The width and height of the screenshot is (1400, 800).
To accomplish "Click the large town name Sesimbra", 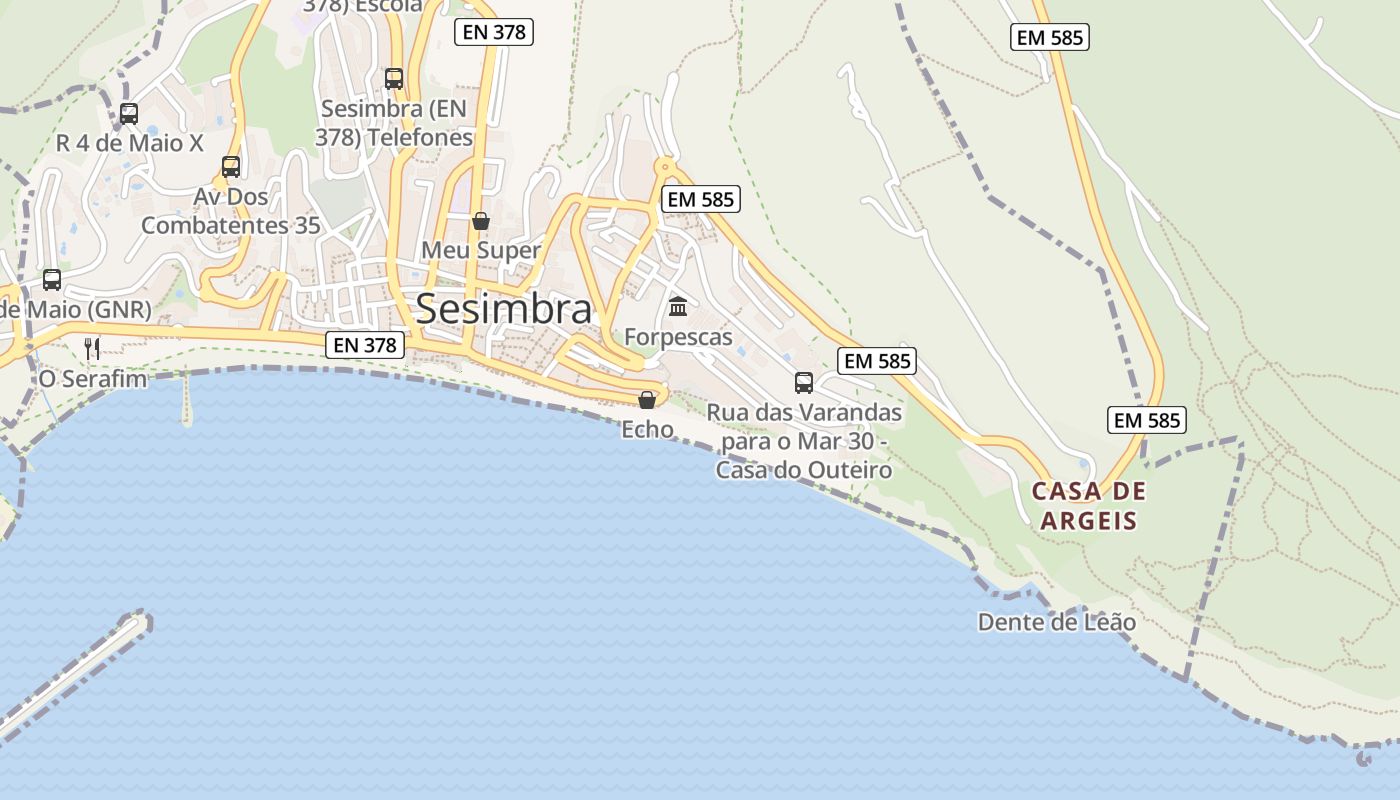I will point(503,309).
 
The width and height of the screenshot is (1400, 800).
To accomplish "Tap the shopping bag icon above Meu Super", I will point(481,221).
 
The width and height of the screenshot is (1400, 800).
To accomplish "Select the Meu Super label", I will point(481,250).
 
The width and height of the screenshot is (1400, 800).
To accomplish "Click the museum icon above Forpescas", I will point(678,306).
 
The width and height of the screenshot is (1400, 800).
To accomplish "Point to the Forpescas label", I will point(678,337).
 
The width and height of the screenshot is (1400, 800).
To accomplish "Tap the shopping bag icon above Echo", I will point(647,400).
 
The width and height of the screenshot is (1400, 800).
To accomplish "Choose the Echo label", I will point(647,429).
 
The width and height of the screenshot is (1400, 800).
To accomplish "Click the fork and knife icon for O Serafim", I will point(92,348).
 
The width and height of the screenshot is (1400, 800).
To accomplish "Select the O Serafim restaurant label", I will point(92,379).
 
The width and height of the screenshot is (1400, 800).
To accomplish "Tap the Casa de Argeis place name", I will point(1089,505).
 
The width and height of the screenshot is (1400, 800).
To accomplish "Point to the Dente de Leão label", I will point(1056,622).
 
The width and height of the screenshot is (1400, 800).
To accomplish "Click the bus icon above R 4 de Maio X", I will point(129,114).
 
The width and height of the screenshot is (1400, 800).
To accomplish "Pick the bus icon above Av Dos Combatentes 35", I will point(231,167).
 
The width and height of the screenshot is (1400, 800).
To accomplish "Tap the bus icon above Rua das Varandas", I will point(804,382).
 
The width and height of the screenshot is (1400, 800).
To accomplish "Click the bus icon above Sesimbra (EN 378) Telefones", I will point(394,78).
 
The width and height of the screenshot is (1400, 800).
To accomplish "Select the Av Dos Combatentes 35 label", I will point(231,211).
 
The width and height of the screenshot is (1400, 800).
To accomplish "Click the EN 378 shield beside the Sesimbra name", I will point(366,345).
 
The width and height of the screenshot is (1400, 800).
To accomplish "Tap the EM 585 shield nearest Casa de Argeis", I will point(1147,420).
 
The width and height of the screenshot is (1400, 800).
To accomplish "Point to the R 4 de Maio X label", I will point(129,143).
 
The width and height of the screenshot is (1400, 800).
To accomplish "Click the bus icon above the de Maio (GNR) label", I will point(52,280).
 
